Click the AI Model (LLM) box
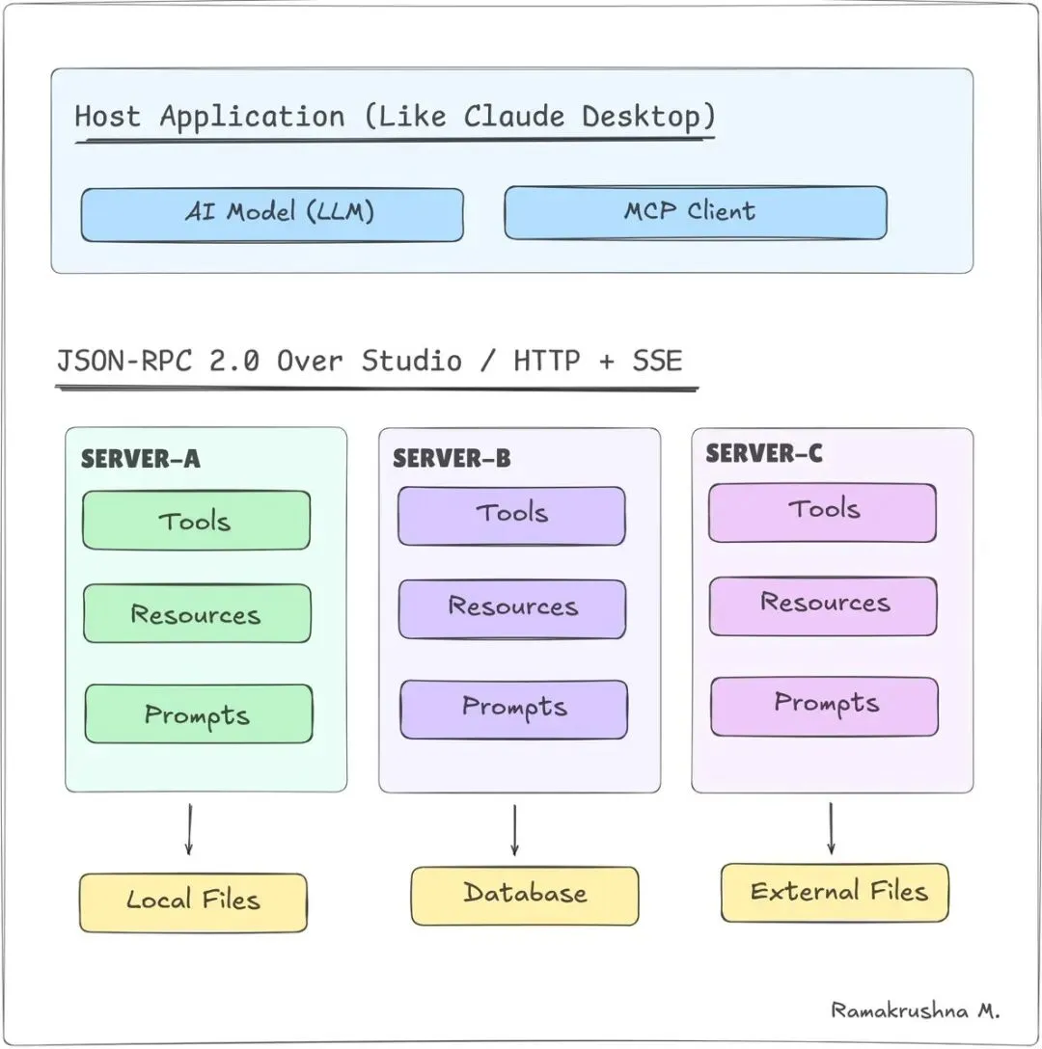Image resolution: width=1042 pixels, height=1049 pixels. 271,214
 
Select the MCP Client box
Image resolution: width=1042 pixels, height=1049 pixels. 695,212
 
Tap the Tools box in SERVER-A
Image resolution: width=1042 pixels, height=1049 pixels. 196,521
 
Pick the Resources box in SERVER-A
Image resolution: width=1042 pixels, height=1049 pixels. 197,613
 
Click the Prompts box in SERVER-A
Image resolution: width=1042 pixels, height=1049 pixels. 198,713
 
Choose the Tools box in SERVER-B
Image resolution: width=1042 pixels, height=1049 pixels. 511,515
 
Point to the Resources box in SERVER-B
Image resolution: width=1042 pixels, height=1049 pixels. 512,607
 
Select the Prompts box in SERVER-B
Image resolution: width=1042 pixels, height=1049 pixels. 513,709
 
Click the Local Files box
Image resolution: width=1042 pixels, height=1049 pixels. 193,901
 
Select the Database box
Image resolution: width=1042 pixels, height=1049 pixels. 525,895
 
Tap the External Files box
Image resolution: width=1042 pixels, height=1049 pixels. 836,892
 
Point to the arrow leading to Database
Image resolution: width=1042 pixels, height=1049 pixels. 514,829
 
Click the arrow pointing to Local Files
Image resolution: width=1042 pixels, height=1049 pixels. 188,829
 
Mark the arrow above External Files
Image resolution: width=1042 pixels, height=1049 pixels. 831,827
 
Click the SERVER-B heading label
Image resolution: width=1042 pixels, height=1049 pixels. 451,458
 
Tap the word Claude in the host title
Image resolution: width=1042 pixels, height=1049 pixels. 513,118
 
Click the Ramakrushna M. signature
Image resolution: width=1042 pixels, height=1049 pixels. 916,1010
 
